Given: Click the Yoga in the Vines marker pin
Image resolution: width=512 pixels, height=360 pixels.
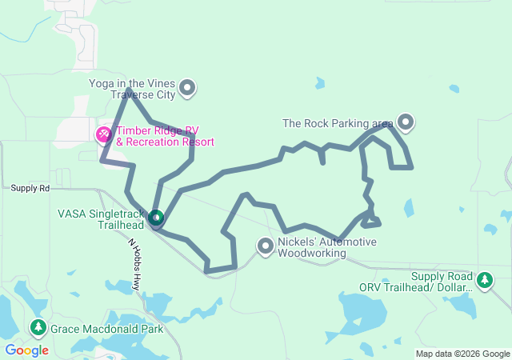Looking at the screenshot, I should point(187,88).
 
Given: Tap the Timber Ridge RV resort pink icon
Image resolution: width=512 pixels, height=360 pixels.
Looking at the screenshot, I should point(104,134).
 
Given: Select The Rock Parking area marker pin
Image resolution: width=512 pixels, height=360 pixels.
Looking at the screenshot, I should point(406,122).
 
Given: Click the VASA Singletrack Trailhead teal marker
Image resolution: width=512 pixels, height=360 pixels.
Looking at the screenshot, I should point(156,218).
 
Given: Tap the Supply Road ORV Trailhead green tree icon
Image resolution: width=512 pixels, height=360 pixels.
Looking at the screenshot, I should point(484,280).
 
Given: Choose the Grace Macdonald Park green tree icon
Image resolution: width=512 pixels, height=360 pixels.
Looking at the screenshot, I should point(38,328).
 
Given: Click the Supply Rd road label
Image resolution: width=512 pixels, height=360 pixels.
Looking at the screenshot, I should point(30,188).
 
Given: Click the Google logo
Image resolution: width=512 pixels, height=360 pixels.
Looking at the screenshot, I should point(26,350).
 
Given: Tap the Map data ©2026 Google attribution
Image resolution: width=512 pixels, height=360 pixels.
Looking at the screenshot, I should point(462,354).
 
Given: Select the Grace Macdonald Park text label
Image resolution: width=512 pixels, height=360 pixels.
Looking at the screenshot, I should point(106,329).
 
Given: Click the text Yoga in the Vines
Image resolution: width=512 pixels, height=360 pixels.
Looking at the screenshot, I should point(130,83).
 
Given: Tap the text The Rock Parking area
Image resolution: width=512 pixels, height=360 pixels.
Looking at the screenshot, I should point(337,123).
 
